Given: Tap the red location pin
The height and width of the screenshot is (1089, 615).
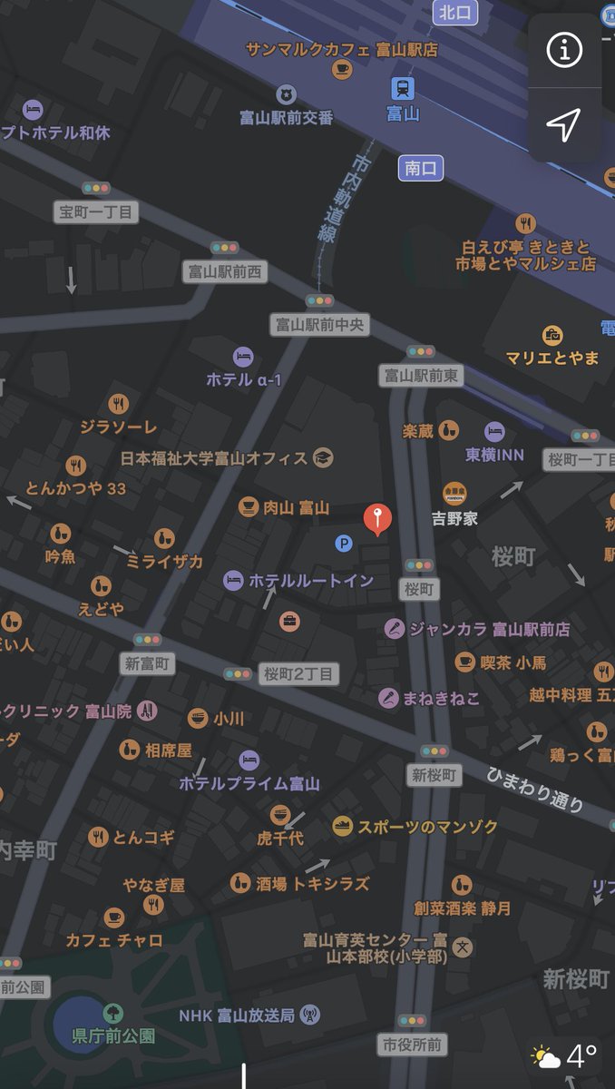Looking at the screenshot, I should coord(378,518).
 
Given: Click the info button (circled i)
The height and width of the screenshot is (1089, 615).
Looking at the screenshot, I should coord(564,51).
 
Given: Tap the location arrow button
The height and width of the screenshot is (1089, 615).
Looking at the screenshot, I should coord(564,125).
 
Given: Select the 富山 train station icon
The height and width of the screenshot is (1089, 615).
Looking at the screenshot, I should coord(403,88).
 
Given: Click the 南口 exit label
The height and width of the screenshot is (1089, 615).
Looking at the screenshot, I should coord(421,168).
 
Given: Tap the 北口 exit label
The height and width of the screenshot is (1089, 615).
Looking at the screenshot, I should coord(455,12).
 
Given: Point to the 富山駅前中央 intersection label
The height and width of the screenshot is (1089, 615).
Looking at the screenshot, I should coord(319,324).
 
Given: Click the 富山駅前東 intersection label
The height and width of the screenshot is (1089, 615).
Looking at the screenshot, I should coord(421,375).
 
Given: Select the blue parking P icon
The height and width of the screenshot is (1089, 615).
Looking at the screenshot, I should coord(344,544).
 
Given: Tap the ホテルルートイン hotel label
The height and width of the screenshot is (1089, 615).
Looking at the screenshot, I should coord(310,580).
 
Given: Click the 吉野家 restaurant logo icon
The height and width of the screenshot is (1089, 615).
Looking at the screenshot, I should coord(455,494).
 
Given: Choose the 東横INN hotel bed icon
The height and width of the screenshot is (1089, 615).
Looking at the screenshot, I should coord(494,431).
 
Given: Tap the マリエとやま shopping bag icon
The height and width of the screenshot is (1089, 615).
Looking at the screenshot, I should coord(552,335).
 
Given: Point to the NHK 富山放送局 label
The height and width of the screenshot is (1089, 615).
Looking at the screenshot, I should coord(238,1015).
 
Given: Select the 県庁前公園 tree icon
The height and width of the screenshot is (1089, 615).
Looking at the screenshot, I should coord(113,1012).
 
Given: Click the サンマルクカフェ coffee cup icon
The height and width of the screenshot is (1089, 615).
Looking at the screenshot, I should coord(342,70).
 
